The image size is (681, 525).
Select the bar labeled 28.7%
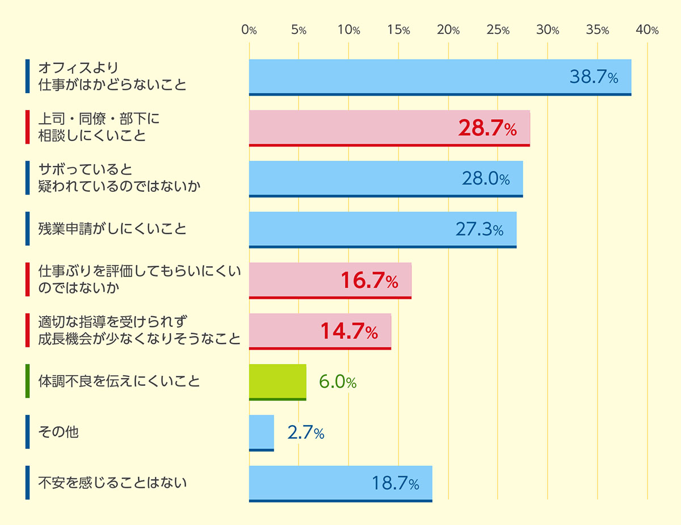pos(389,128)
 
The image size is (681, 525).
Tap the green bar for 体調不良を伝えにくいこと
pos(278,382)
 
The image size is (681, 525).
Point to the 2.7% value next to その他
pos(306,433)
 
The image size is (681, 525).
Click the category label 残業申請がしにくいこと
pos(112,229)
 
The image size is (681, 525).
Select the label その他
pos(58,432)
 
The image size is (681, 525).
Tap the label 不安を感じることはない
pos(112,483)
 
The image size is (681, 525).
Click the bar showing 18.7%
pos(340,484)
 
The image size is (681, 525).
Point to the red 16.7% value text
pos(369,280)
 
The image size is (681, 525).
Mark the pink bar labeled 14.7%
pos(320,331)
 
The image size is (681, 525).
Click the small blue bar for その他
pos(261,433)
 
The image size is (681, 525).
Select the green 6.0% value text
pos(337,382)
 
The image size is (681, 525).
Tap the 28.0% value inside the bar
pos(486,179)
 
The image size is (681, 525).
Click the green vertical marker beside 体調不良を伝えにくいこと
pos(27,381)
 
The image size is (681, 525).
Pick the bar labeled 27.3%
pos(382,230)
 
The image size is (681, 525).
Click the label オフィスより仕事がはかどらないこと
pos(112,77)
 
